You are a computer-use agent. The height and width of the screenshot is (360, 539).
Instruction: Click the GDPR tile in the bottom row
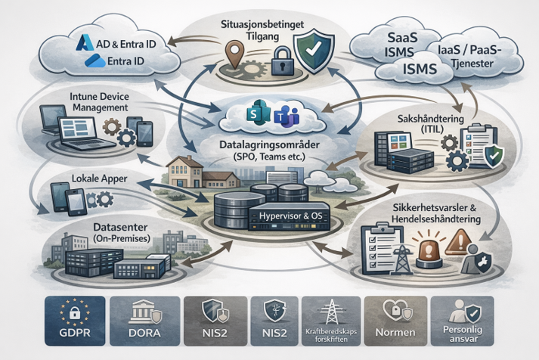[75, 321]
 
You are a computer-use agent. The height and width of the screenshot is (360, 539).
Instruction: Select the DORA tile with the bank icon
[144, 321]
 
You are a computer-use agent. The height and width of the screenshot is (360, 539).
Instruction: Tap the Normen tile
[395, 321]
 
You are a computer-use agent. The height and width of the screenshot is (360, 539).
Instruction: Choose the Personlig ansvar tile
[463, 321]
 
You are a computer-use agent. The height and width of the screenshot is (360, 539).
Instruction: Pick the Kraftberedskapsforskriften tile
[331, 321]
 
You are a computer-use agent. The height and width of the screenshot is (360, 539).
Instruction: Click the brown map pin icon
[234, 52]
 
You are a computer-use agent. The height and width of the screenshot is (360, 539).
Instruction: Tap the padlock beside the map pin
[282, 61]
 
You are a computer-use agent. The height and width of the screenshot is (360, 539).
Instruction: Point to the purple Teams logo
[287, 117]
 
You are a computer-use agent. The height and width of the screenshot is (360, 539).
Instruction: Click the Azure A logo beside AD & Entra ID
[85, 42]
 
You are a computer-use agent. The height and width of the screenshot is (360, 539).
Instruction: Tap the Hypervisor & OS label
[290, 216]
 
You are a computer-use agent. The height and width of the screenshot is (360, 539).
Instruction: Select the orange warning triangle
[459, 241]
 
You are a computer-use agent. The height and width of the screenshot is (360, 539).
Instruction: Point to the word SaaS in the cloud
[402, 38]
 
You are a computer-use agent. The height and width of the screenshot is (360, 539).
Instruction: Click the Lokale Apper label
[99, 178]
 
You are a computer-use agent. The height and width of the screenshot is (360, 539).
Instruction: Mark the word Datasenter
[120, 227]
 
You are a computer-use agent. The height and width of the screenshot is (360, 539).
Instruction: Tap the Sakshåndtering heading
[430, 119]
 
